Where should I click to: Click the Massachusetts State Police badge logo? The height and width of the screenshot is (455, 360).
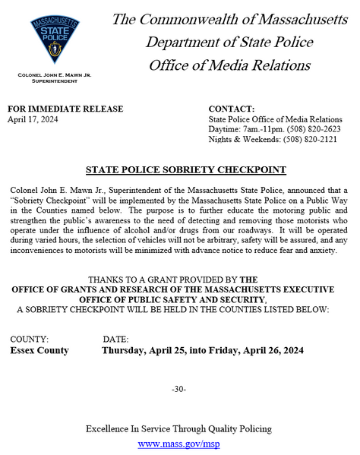click(52, 40)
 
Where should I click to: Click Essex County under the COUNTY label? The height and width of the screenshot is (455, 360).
click(39, 350)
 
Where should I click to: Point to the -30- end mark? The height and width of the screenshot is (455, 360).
click(179, 390)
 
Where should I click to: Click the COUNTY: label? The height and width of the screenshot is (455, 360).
click(30, 339)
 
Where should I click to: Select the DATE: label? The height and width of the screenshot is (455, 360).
click(115, 339)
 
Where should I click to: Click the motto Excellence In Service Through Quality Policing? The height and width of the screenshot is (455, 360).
click(179, 429)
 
